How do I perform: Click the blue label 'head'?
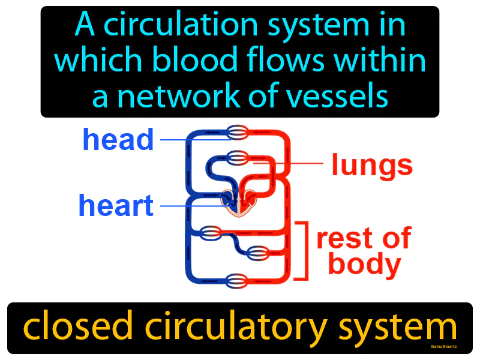pos(118,140)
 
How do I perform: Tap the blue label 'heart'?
pos(116,206)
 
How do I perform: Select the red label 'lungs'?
pos(372,165)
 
